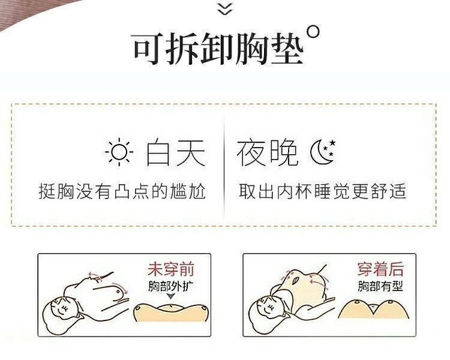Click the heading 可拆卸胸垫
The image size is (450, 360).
click(x=217, y=49)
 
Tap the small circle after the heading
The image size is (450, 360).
click(x=313, y=32)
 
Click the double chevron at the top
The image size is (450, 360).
click(x=224, y=8)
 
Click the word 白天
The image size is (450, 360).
click(x=176, y=154)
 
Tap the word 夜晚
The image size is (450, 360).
click(x=267, y=154)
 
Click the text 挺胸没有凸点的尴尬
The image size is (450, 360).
click(x=122, y=191)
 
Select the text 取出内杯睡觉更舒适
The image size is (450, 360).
click(x=322, y=191)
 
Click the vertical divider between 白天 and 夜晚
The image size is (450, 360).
click(x=224, y=162)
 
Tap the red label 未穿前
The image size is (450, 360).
click(x=171, y=269)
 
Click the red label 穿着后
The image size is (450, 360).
click(x=381, y=269)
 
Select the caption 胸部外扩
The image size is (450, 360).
click(x=171, y=286)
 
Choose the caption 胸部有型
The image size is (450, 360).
click(x=381, y=286)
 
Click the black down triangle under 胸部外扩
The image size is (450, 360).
click(x=171, y=296)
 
